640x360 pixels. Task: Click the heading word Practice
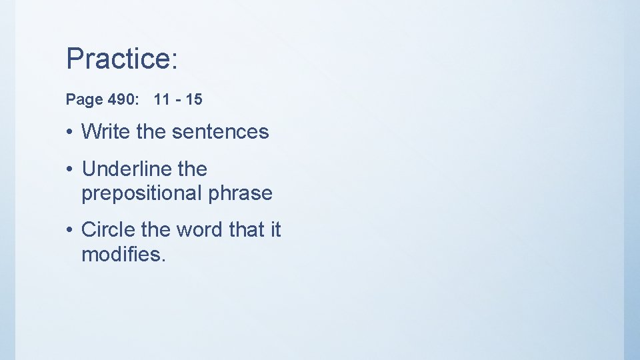pos(120,59)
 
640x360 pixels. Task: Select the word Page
pos(83,100)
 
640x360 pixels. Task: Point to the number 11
pos(161,100)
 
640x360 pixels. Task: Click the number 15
pos(194,100)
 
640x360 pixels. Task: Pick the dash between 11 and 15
pos(177,101)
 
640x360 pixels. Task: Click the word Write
pos(106,131)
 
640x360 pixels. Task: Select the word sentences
pos(220,131)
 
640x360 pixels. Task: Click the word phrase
pos(240,193)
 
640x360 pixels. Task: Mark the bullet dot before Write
pos(69,132)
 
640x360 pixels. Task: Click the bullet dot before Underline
pos(69,170)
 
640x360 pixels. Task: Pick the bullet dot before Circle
pos(69,230)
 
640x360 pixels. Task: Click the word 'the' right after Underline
pos(193,169)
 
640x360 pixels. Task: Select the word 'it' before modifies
pos(275,229)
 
